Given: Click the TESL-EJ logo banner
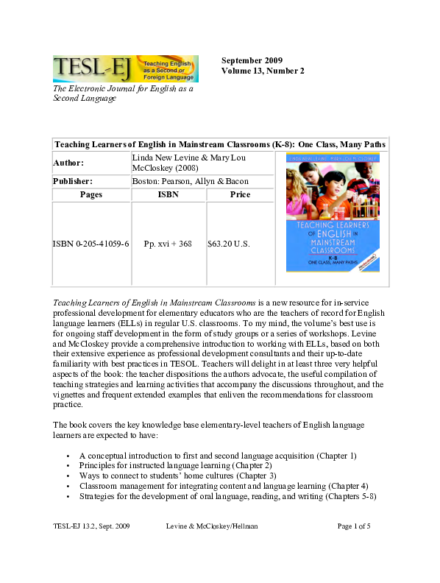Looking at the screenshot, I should click(125, 68).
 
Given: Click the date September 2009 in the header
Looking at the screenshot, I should click(252, 60).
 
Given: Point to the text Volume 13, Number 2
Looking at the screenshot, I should click(263, 71).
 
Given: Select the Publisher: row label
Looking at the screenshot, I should click(76, 181).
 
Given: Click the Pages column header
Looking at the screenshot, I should click(91, 195).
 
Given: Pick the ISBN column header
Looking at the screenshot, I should click(168, 195).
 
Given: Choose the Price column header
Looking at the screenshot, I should click(240, 195).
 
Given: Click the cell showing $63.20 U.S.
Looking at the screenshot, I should click(230, 243).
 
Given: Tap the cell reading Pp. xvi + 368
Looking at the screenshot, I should click(168, 243).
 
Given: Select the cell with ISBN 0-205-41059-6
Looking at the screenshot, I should click(91, 243).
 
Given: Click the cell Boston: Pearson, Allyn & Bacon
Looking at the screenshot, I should click(190, 181).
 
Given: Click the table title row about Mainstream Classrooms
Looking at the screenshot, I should click(220, 144).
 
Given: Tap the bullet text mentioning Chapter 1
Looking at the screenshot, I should click(218, 456).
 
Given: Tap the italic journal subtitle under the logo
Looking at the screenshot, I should click(123, 93).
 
